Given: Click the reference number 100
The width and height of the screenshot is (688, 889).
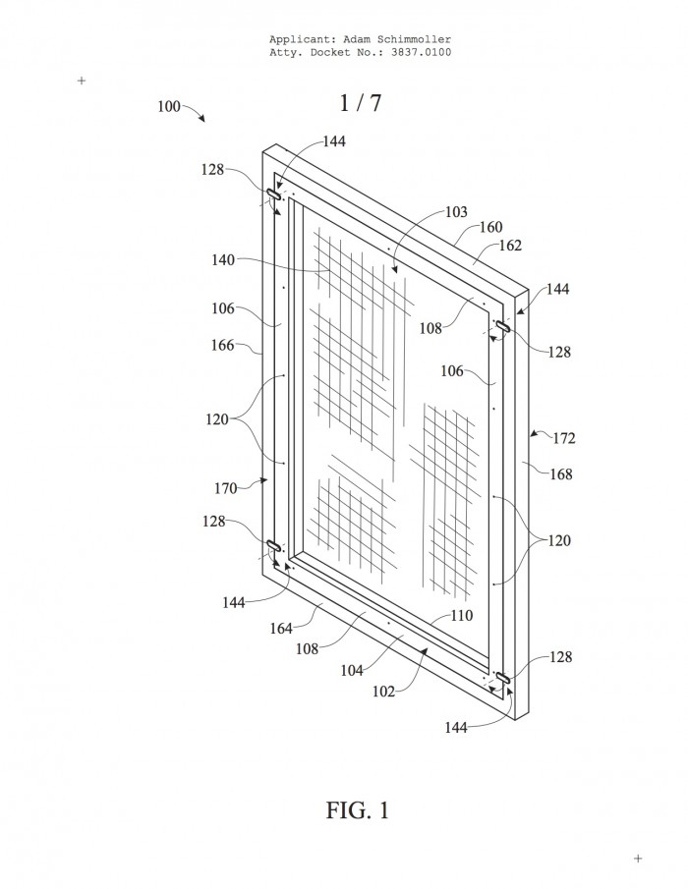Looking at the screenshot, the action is pos(168,107).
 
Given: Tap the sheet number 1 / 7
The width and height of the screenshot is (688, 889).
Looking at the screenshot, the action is pos(361,102).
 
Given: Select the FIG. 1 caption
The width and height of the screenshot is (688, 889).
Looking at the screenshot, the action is pos(358,810).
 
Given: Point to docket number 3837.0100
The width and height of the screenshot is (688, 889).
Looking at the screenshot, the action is pos(422,52).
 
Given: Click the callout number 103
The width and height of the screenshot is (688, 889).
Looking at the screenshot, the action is pos(456,212).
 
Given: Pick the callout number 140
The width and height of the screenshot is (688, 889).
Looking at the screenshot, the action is pos(223,259).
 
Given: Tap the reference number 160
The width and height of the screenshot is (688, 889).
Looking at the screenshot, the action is pos(490,227).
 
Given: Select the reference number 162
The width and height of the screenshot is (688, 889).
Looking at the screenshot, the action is pos(510,245).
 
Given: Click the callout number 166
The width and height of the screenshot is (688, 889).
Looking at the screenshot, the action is pos(222,345).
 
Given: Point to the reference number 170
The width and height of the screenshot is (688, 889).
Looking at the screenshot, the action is pos(226,487).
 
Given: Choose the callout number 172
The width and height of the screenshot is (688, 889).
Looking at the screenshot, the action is pos(564,438).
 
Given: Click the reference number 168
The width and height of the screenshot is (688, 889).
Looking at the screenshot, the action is pos(561,473).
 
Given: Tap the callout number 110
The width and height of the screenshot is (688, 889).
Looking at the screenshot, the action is pos(462,615).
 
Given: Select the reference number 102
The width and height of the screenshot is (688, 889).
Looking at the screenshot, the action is pos(383,692).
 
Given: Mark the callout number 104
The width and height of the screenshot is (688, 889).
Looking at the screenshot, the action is pos(352,670).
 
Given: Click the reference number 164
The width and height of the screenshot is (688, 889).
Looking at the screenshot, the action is pos(281,629).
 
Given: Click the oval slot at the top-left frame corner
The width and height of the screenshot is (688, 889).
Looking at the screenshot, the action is pos(274,194).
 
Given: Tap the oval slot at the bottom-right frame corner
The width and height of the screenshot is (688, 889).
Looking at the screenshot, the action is pos(502,677).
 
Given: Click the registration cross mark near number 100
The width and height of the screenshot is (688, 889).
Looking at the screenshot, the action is pos(82,81).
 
